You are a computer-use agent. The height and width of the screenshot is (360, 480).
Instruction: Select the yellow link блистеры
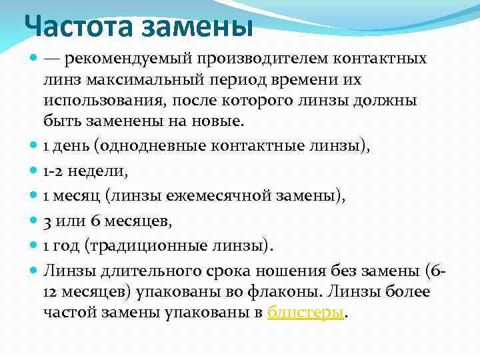tap(306, 312)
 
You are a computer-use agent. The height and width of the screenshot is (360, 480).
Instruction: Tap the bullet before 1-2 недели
tap(35, 171)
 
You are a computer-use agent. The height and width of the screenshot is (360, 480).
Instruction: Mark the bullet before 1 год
tap(35, 245)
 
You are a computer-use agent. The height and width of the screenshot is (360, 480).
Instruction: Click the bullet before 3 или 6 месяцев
tap(35, 221)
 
